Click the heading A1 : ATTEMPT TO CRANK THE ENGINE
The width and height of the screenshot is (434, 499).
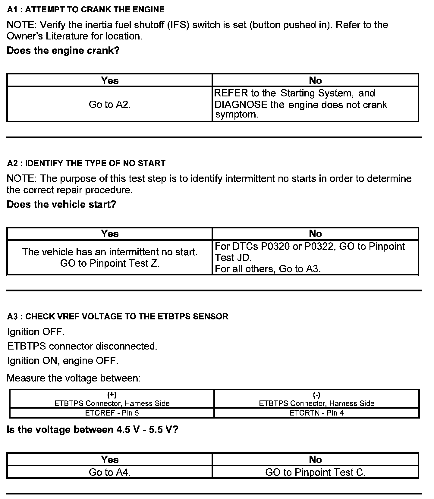point(86,10)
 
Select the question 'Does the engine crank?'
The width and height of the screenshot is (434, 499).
point(63,50)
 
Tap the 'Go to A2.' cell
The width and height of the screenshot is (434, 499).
point(110,105)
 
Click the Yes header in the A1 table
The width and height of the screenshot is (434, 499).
point(110,80)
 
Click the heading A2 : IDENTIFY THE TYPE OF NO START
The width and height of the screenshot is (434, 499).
point(86,163)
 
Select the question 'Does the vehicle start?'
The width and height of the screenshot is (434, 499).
point(61,204)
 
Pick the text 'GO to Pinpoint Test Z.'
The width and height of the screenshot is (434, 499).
point(110,263)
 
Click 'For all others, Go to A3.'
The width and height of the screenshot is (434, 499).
point(268,269)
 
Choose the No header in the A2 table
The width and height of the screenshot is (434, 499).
point(315,234)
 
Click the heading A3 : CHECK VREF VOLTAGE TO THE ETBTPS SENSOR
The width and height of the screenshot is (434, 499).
point(118,317)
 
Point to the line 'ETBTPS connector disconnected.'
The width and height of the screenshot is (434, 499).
point(82,346)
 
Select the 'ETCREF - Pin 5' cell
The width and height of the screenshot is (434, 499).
point(112,413)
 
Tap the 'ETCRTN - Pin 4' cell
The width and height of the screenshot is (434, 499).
point(316,413)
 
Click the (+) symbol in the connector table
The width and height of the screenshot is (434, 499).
point(112,395)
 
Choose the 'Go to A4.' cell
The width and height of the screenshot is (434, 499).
point(110,472)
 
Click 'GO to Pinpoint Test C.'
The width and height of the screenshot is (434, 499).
point(315,472)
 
